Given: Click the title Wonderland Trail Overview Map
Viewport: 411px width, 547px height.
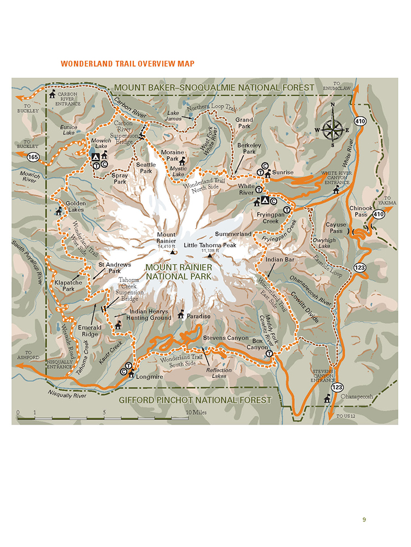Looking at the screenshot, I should (128, 63).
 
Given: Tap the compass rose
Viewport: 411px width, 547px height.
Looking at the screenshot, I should (332, 130).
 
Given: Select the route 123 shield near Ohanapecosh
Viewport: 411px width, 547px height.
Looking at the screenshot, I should (337, 387).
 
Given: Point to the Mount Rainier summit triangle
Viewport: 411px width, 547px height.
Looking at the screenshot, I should (172, 252).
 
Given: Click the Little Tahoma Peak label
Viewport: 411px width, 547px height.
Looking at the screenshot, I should (210, 245).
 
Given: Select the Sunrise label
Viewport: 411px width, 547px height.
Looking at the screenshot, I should (283, 172).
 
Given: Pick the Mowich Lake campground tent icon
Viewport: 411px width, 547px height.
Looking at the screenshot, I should (95, 156).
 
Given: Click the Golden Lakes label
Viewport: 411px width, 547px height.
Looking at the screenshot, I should (76, 206).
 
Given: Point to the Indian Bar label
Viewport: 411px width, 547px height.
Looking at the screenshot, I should (281, 259).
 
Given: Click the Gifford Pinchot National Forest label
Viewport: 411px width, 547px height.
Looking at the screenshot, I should (195, 400).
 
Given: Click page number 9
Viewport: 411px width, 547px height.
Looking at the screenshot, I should (364, 520).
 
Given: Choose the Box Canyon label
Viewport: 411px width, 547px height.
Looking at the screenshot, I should (257, 344).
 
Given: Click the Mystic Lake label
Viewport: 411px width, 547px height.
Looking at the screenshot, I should (178, 171).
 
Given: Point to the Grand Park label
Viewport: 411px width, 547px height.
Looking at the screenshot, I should (244, 123).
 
